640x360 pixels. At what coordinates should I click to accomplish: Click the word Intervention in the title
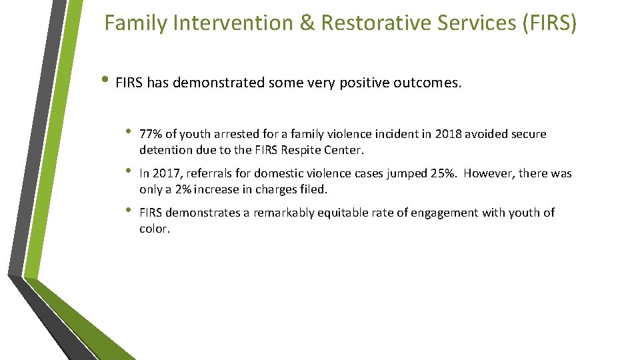click(x=231, y=23)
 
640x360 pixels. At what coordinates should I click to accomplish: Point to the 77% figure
click(x=151, y=134)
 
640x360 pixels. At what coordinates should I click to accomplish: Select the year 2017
click(x=164, y=173)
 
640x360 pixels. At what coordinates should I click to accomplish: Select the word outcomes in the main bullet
click(x=431, y=84)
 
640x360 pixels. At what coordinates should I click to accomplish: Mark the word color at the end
click(x=155, y=229)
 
